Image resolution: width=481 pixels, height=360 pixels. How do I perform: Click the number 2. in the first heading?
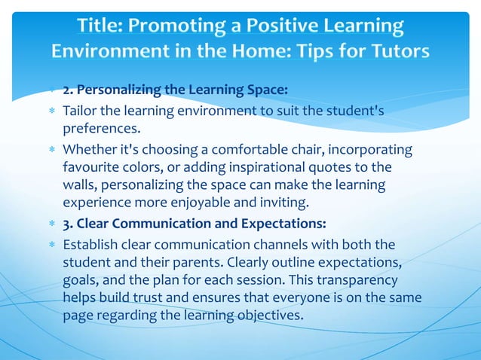(68, 91)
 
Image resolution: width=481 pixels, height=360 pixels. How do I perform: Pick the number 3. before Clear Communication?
(68, 224)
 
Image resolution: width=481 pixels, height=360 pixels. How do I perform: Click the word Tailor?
(81, 111)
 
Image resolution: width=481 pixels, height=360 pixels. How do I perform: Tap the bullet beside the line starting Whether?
(51, 148)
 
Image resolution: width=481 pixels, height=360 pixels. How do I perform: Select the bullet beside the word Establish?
(51, 244)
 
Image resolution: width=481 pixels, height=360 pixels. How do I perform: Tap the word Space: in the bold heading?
(264, 91)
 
